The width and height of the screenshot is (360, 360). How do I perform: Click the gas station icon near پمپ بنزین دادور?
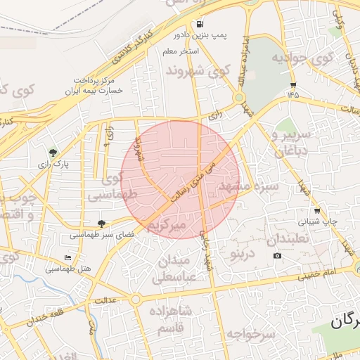tap(201, 22)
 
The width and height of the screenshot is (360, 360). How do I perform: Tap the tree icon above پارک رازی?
tap(53, 152)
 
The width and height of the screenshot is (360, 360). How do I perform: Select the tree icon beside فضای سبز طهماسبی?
tap(102, 223)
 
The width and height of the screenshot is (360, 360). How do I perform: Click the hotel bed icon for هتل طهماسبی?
tap(67, 258)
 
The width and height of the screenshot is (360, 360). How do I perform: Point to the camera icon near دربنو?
tap(278, 255)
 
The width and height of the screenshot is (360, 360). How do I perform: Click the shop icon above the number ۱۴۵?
tap(292, 84)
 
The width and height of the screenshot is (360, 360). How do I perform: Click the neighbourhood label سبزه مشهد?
tap(249, 186)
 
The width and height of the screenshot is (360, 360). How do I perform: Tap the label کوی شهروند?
tap(198, 71)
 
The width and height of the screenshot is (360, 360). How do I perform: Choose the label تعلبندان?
tap(289, 238)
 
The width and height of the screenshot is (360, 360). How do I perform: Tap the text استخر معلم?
tap(181, 52)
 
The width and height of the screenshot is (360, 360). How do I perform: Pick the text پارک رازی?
tap(57, 163)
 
